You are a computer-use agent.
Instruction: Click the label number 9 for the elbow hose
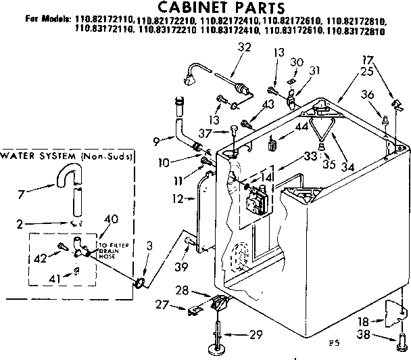click(x=156, y=141)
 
